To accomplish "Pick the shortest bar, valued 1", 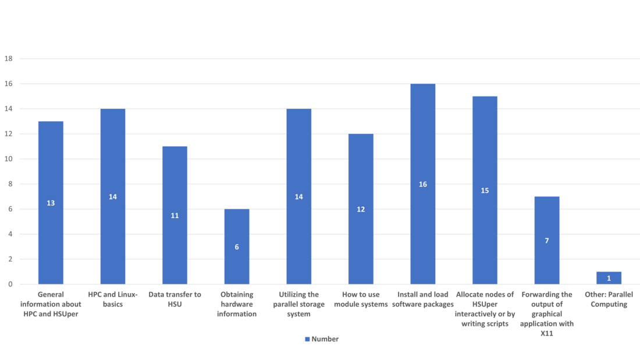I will point(609,277).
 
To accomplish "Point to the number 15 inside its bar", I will point(485,191).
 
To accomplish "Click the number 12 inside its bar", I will point(361,209).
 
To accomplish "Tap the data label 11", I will point(175,216).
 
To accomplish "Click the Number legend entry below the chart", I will point(322,339).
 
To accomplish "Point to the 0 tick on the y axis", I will point(9,284).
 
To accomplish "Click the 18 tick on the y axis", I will point(9,59).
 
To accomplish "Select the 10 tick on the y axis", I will point(9,159).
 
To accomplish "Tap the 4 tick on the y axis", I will point(9,234).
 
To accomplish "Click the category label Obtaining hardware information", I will point(237,304).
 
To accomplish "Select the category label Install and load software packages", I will point(422,299).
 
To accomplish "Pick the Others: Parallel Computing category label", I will point(609,299).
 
